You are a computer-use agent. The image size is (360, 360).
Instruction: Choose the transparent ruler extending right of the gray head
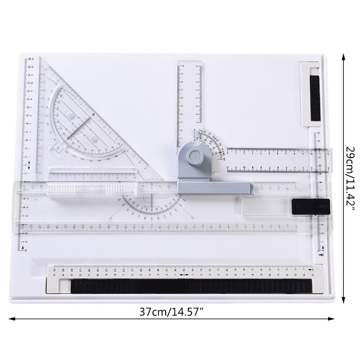coord(274,160)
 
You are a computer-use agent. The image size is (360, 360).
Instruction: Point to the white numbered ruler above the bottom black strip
coord(184,271)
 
